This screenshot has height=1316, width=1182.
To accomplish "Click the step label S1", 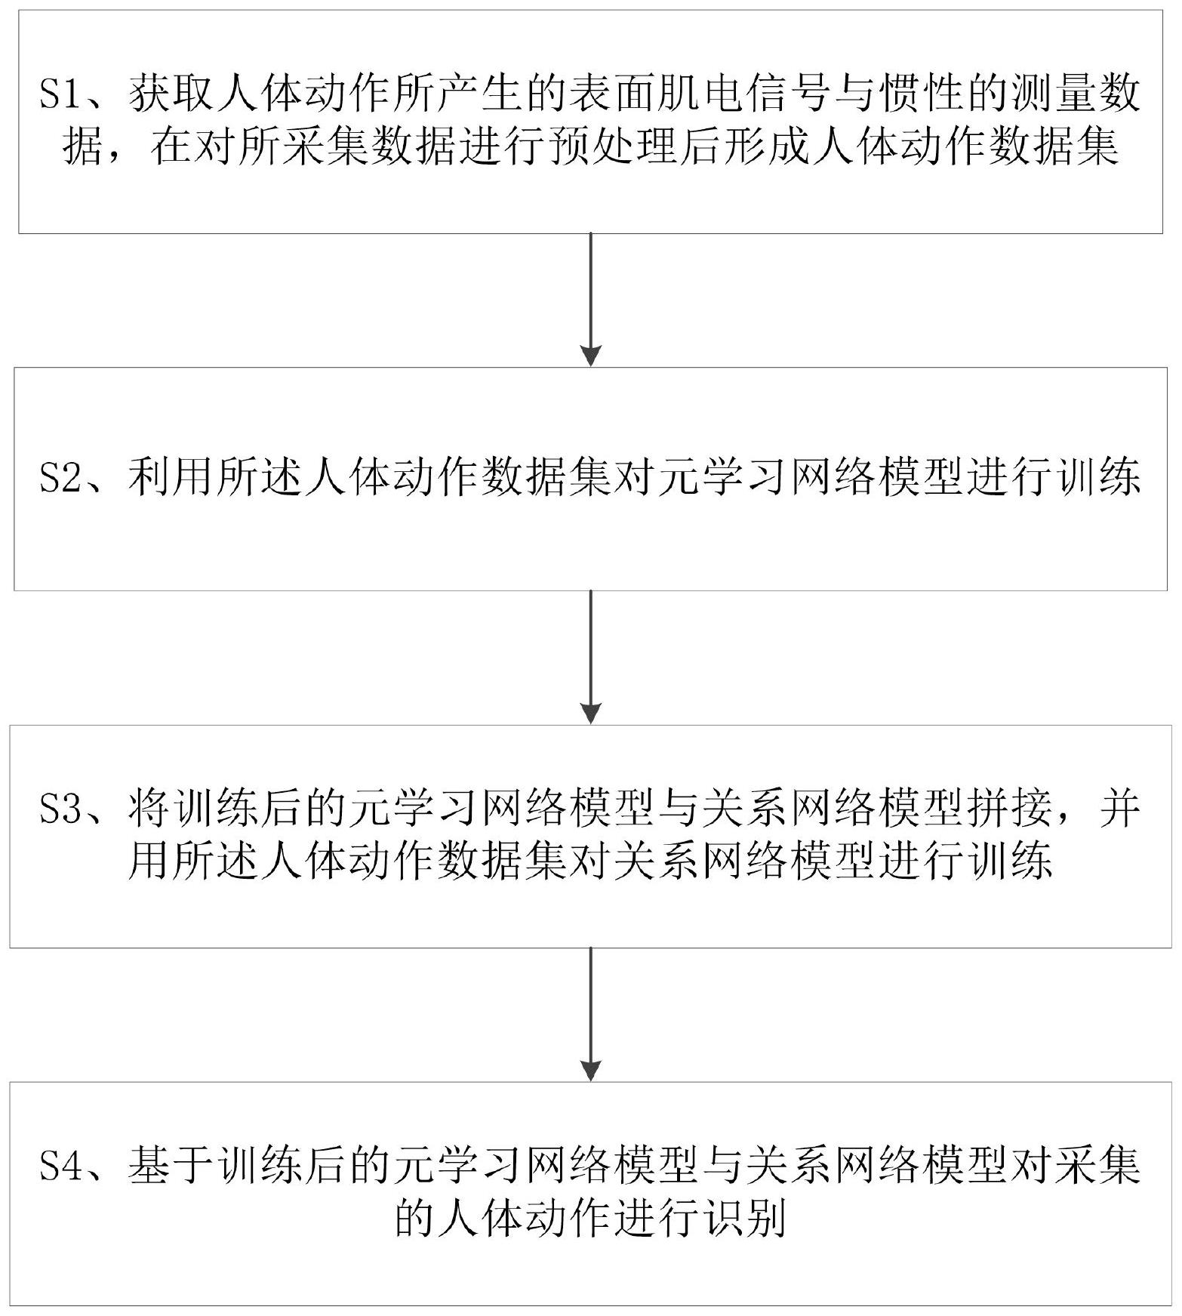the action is click(x=60, y=97).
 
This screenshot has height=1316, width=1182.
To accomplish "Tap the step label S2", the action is click(x=60, y=478).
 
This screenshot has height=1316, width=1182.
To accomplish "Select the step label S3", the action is click(x=60, y=812).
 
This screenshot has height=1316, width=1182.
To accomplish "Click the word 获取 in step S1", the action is click(x=172, y=97).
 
